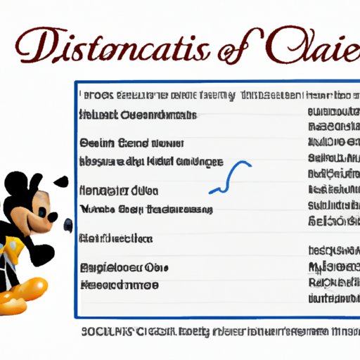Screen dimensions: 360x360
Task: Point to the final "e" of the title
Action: coord(346,51)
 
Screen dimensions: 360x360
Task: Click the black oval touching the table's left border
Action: coord(68,225)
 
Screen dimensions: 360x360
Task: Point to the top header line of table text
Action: coord(211,94)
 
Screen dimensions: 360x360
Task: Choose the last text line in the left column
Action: coord(120,285)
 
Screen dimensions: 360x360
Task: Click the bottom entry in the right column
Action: coord(331,300)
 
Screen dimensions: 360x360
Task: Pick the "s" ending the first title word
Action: coord(209,51)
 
